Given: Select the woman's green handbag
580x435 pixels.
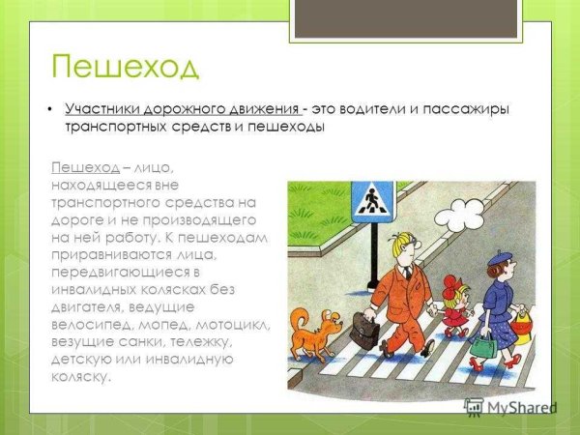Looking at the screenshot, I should click(x=482, y=346).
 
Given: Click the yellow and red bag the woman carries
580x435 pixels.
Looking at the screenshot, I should click(x=523, y=326).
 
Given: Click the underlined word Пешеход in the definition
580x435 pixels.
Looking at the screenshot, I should click(x=85, y=167).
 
